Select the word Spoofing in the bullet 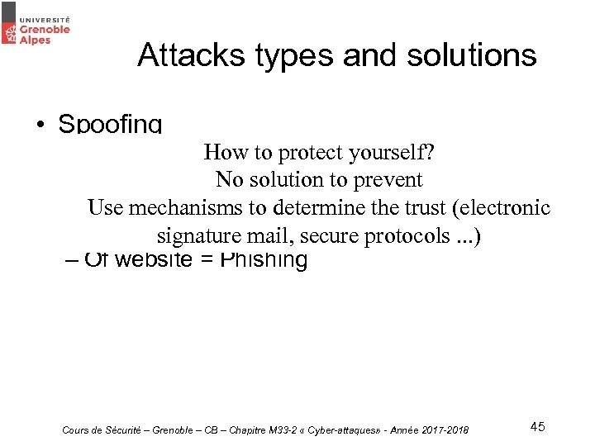tap(110, 125)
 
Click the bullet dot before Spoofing tap(40, 126)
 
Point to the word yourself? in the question tap(392, 153)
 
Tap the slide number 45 tap(537, 427)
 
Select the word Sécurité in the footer tap(127, 430)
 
